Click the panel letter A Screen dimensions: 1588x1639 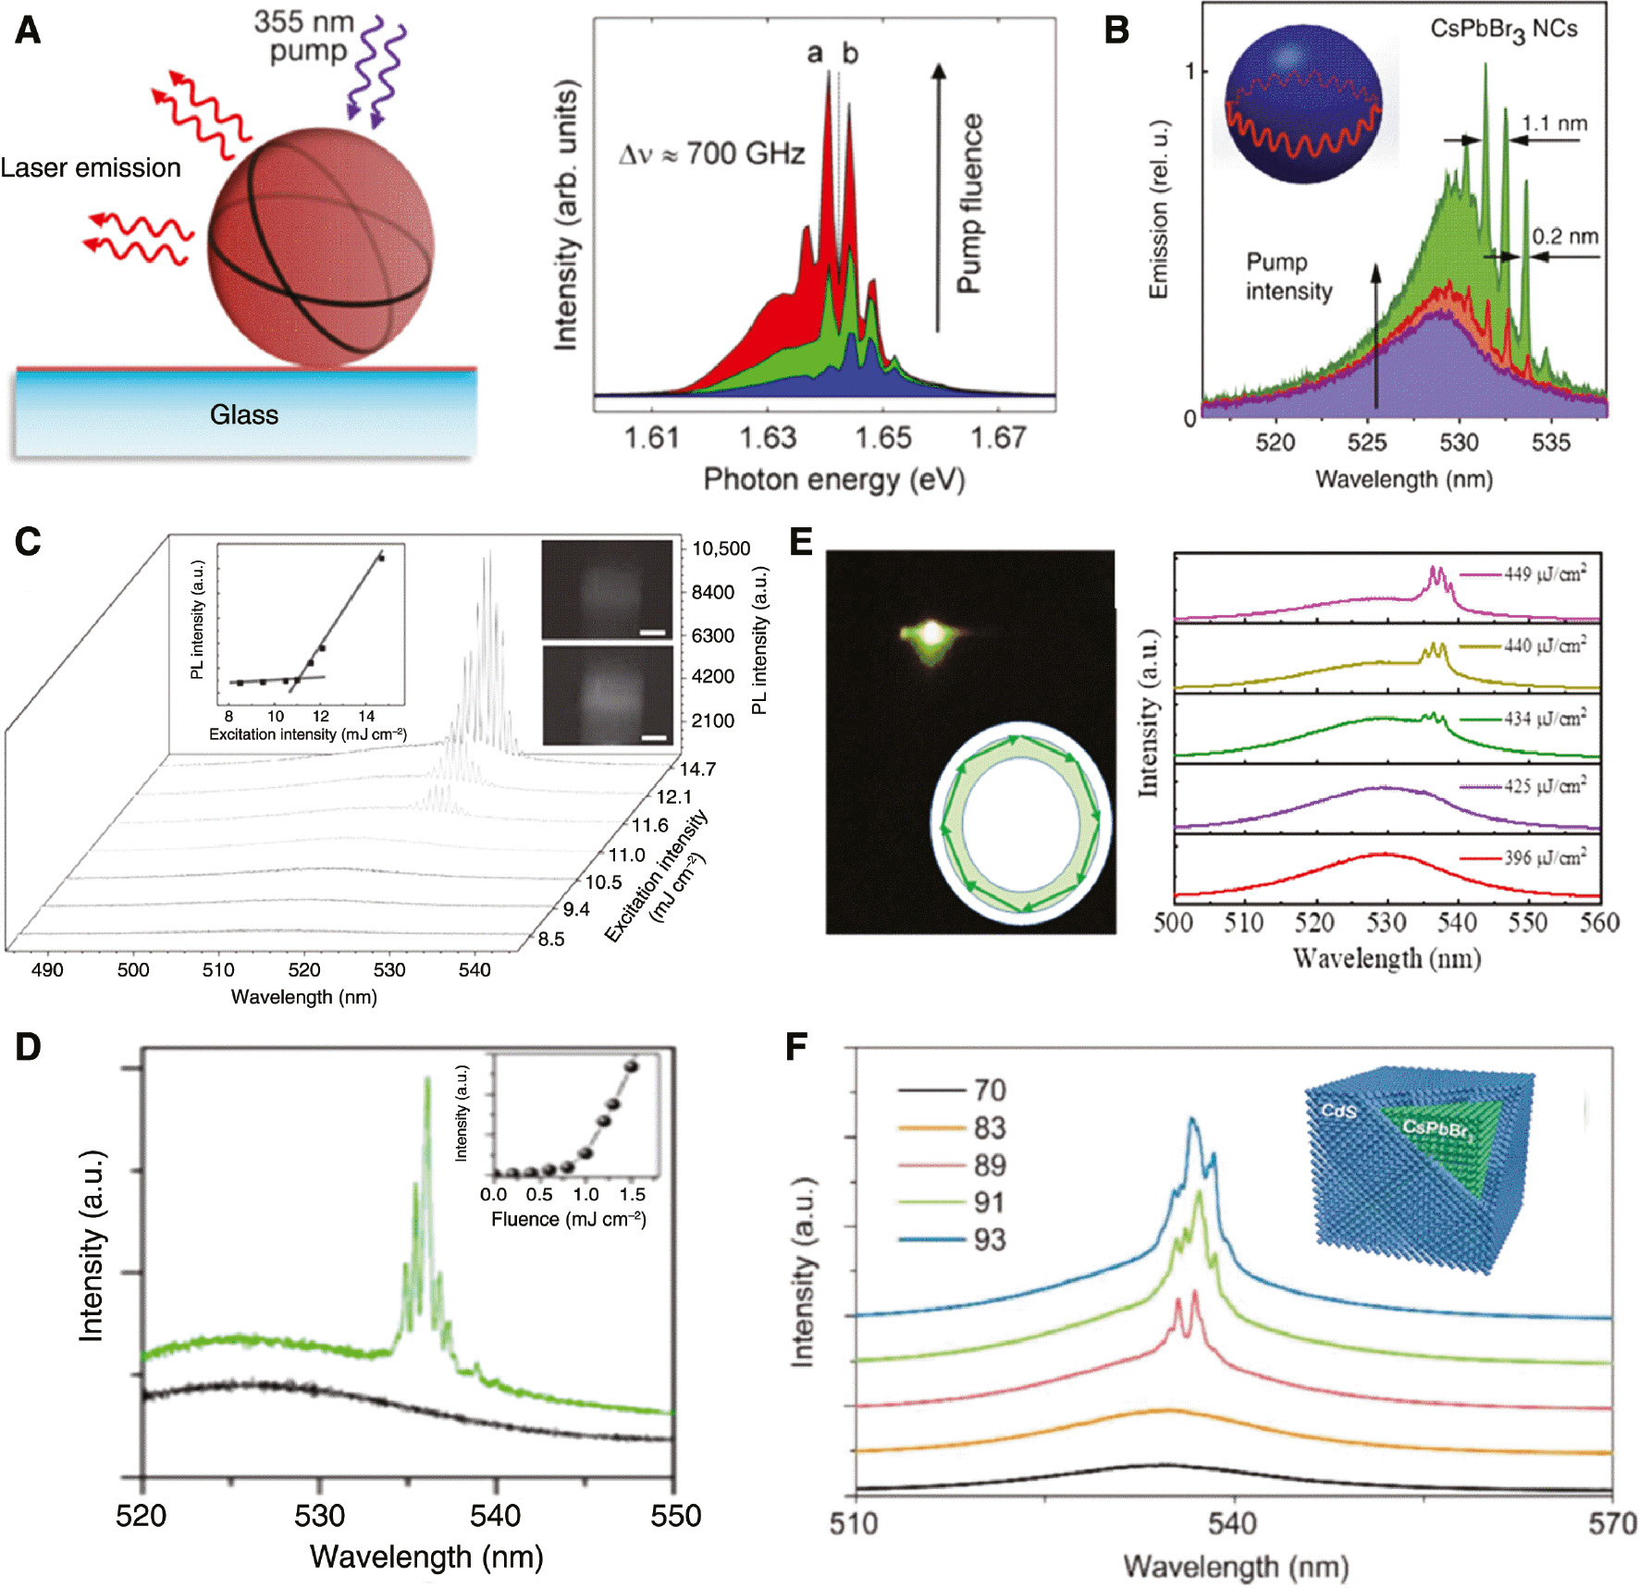pyautogui.click(x=28, y=31)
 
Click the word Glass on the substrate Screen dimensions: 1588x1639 pyautogui.click(x=243, y=414)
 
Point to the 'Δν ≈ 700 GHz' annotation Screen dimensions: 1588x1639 pyautogui.click(x=711, y=154)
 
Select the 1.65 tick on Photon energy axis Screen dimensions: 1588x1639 pyautogui.click(x=882, y=437)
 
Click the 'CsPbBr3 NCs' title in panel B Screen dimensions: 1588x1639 pyautogui.click(x=1503, y=31)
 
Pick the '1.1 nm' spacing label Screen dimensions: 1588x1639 pyautogui.click(x=1555, y=123)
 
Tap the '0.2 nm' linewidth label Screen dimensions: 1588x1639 pyautogui.click(x=1565, y=237)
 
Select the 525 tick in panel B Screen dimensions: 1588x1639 pyautogui.click(x=1367, y=443)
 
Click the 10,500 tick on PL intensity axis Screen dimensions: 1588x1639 pyautogui.click(x=721, y=548)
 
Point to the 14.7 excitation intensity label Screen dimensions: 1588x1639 pyautogui.click(x=697, y=769)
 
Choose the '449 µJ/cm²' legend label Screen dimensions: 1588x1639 pyautogui.click(x=1545, y=574)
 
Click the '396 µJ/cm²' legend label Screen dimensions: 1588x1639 pyautogui.click(x=1545, y=858)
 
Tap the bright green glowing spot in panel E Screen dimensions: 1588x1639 pyautogui.click(x=932, y=634)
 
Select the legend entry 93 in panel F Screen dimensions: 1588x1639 pyautogui.click(x=990, y=1240)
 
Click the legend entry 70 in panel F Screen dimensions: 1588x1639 pyautogui.click(x=990, y=1090)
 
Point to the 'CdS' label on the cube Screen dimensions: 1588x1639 pyautogui.click(x=1337, y=1111)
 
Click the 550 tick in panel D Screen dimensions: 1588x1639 pyautogui.click(x=675, y=1517)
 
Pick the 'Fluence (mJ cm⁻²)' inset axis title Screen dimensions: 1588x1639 pyautogui.click(x=568, y=1219)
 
